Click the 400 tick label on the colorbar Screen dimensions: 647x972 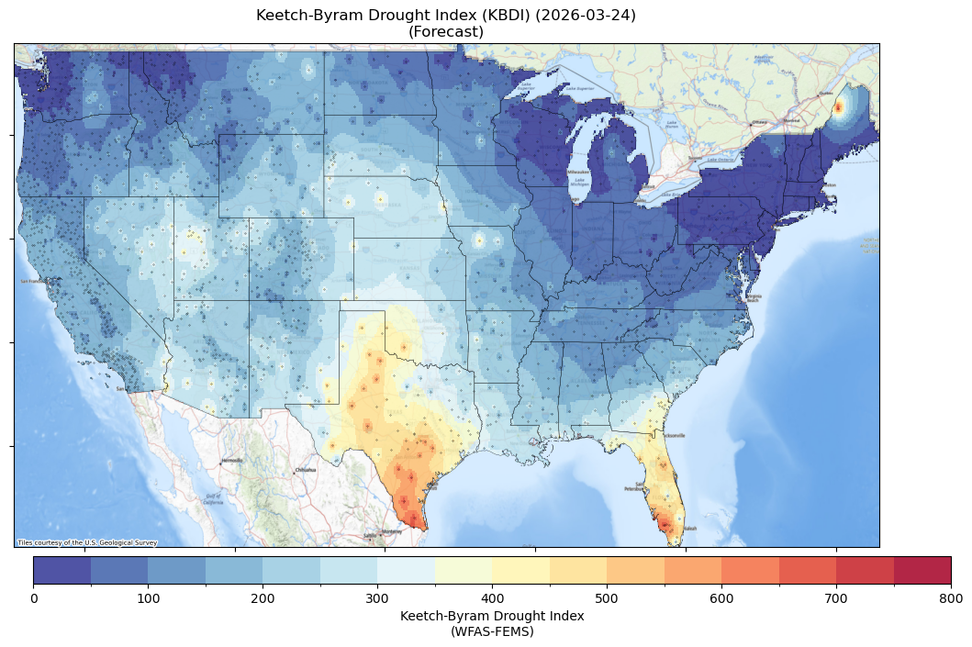[492, 598]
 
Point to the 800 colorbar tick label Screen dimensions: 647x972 [951, 598]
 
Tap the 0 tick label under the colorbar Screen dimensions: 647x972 [34, 598]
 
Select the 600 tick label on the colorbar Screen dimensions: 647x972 [721, 598]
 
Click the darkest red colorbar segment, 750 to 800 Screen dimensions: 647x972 [922, 570]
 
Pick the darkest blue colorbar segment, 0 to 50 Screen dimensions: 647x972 [62, 570]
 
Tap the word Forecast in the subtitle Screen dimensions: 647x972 [446, 32]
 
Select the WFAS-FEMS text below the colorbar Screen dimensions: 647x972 [492, 631]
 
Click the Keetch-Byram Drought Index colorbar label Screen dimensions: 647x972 [492, 616]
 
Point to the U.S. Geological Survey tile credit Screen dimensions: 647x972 [87, 542]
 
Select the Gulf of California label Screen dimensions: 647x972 [212, 500]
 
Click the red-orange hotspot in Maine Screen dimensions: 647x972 [836, 107]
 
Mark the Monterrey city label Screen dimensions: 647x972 [392, 531]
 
